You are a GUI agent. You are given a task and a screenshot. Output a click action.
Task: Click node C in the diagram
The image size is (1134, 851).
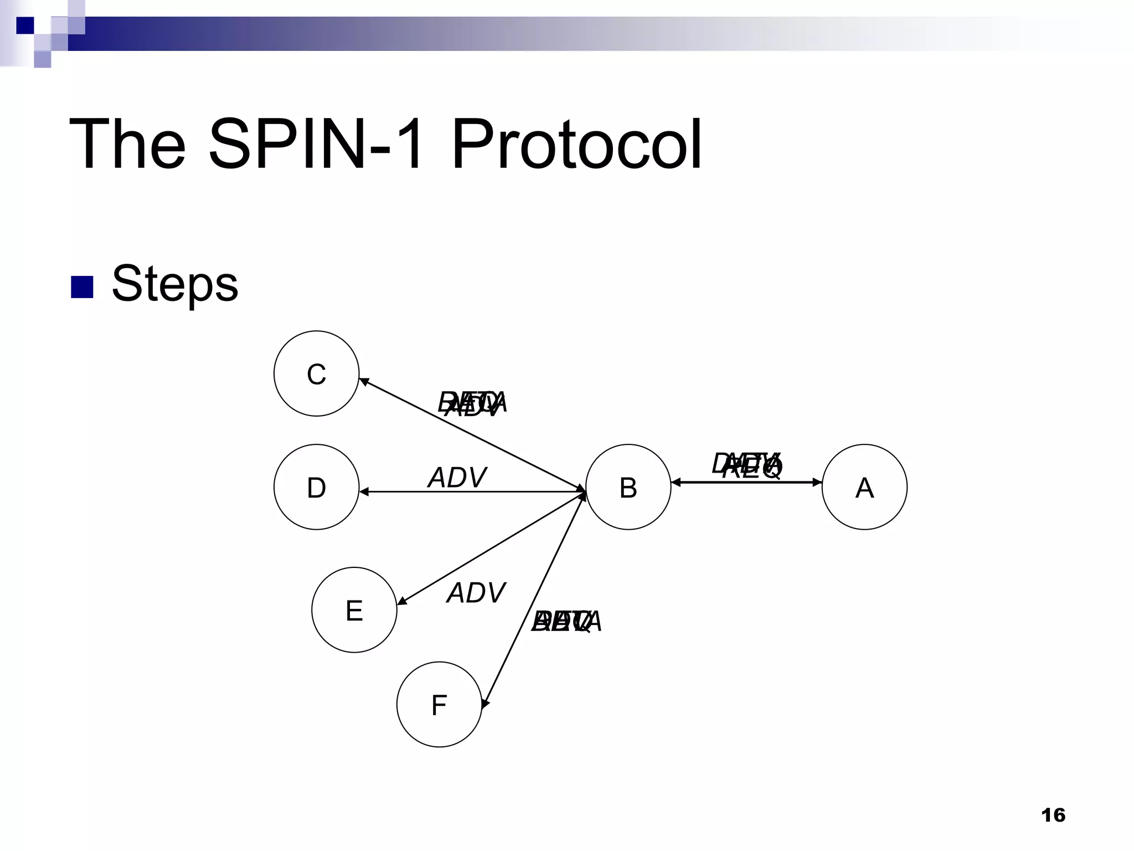pyautogui.click(x=316, y=373)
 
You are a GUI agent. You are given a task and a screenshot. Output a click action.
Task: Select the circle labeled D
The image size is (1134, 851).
pyautogui.click(x=316, y=487)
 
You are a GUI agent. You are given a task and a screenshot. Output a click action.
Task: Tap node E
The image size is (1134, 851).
pyautogui.click(x=354, y=609)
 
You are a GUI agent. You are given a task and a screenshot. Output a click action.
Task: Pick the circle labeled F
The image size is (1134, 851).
pyautogui.click(x=439, y=704)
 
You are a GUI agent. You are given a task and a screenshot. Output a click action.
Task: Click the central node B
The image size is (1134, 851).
pyautogui.click(x=628, y=487)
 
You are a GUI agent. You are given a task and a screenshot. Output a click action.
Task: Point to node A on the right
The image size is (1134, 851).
pyautogui.click(x=864, y=487)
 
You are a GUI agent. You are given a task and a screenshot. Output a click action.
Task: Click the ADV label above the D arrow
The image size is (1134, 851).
pyautogui.click(x=457, y=477)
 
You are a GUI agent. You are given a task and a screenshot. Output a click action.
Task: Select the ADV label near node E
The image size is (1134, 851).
pyautogui.click(x=476, y=592)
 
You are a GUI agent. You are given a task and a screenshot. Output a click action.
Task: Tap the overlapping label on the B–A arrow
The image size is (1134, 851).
pyautogui.click(x=748, y=465)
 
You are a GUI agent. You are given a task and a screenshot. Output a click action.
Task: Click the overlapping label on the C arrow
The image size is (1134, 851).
pyautogui.click(x=472, y=403)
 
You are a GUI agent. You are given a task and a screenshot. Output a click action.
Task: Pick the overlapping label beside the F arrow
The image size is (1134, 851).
pyautogui.click(x=566, y=621)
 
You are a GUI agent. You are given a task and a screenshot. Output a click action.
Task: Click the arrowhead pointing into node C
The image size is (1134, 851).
pyautogui.click(x=363, y=381)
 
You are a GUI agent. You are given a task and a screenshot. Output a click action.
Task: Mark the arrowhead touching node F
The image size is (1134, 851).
pyautogui.click(x=485, y=704)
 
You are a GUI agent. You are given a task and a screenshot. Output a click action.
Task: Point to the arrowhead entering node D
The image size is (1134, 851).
pyautogui.click(x=363, y=491)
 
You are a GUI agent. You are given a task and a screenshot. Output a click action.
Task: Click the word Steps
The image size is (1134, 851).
pyautogui.click(x=175, y=283)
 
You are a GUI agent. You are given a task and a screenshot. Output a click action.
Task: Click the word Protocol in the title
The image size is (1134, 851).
pyautogui.click(x=576, y=144)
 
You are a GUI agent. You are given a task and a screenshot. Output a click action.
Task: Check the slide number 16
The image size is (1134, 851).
pyautogui.click(x=1053, y=815)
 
